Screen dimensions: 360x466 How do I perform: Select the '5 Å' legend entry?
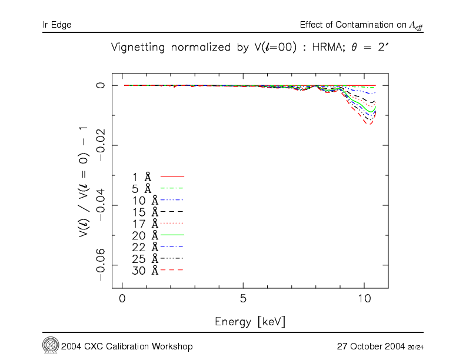pos(142,188)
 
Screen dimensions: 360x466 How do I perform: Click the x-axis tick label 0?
pos(122,298)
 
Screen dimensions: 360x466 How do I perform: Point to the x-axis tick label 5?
pos(243,298)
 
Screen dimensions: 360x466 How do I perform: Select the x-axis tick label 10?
pos(364,298)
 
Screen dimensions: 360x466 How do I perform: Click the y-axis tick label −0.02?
pos(101,145)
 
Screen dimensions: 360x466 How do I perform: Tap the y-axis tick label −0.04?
pos(101,205)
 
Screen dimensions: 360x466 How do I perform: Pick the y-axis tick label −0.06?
pos(101,265)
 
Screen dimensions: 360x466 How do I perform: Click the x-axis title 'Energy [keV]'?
pos(251,321)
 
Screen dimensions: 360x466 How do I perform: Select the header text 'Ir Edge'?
pos(57,25)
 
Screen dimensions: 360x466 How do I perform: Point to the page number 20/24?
pos(415,347)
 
